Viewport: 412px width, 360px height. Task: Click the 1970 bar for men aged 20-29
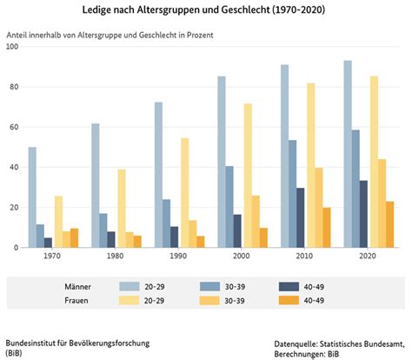point(32,197)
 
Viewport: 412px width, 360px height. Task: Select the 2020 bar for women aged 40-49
point(390,224)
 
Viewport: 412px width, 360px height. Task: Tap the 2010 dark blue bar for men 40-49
point(301,218)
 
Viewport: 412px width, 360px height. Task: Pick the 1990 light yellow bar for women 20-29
point(185,193)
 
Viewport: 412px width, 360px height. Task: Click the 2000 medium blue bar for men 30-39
point(229,207)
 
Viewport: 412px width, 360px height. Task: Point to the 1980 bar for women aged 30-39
point(130,240)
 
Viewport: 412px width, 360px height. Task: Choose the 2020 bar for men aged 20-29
point(348,154)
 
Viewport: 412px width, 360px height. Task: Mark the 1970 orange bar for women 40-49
point(75,238)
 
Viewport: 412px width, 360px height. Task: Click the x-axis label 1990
point(178,256)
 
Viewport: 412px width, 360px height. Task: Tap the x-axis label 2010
point(304,256)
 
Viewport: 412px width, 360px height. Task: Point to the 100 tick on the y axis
point(12,46)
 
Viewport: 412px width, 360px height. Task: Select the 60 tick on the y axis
point(14,127)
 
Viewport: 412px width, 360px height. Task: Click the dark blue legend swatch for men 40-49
point(289,287)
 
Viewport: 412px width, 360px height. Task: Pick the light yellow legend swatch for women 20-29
point(130,300)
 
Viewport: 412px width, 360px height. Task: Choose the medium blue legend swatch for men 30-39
point(209,287)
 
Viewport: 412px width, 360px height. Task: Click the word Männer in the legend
point(77,287)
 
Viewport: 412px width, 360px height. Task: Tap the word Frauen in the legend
point(76,300)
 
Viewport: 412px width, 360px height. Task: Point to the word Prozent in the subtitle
point(200,35)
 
